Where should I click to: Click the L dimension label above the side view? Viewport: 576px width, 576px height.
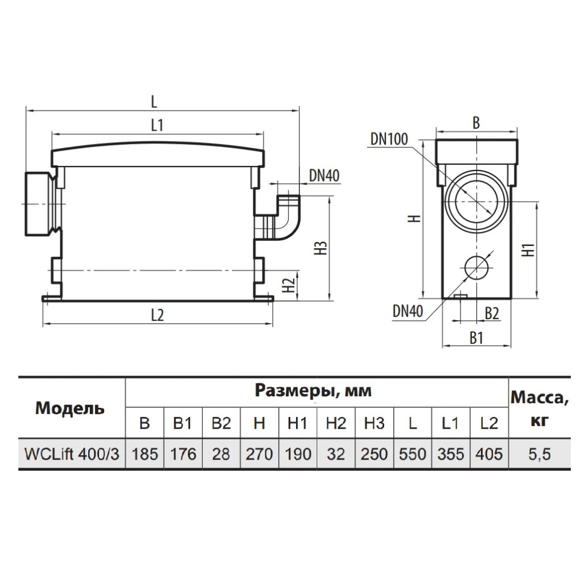point(154,101)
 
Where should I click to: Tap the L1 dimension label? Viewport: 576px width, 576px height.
point(157,125)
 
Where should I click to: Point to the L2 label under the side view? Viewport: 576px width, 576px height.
point(157,315)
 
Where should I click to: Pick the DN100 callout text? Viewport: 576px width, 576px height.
point(389,139)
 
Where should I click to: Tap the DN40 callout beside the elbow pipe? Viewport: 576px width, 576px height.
point(324,176)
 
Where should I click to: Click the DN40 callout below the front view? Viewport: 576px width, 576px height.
point(408,312)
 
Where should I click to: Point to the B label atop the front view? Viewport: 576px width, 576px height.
point(476,123)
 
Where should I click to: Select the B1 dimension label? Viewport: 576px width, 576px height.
point(476,338)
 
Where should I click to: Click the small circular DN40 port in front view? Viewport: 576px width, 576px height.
point(476,267)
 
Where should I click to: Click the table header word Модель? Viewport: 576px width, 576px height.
point(70,408)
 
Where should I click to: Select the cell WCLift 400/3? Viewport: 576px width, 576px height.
point(72,454)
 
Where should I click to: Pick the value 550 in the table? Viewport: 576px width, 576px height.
point(412,454)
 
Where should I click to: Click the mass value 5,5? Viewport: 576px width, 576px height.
point(540,454)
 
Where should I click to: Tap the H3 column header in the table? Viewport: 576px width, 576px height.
point(374,423)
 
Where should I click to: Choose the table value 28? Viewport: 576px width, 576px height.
point(221,454)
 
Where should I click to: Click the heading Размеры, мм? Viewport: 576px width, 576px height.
point(313,391)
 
